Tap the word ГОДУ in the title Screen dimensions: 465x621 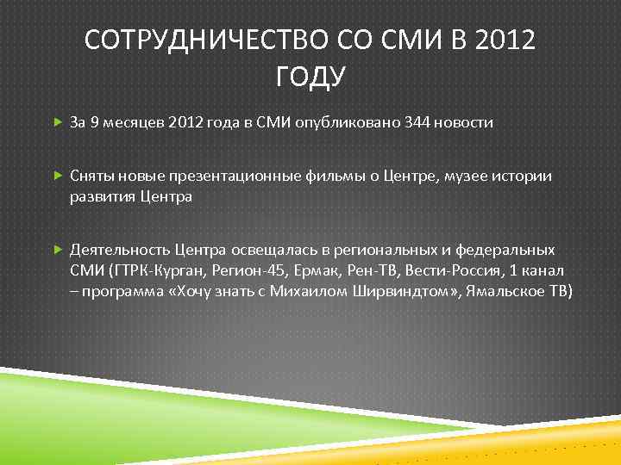click(310, 77)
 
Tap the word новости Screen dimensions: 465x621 click(465, 122)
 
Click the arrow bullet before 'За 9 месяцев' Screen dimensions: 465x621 click(57, 122)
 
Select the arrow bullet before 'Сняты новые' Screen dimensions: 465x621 click(57, 176)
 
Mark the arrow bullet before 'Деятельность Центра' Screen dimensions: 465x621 click(57, 250)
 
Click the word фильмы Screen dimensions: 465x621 click(324, 176)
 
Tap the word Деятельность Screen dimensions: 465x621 click(120, 250)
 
